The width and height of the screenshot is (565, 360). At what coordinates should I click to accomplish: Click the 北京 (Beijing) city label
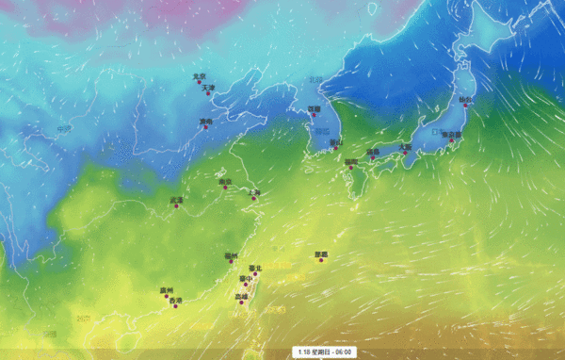tap(198, 76)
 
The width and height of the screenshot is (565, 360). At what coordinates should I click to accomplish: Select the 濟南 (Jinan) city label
tap(205, 122)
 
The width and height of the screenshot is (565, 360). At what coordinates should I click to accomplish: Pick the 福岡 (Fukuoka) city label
tap(350, 161)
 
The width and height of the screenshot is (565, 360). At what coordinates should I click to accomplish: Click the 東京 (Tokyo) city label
tap(453, 135)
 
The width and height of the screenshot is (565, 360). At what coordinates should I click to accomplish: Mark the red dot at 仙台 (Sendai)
tap(465, 105)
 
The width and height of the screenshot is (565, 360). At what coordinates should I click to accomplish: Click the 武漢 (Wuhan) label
tap(176, 200)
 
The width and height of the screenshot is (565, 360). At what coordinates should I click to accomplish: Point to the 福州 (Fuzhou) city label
tap(231, 256)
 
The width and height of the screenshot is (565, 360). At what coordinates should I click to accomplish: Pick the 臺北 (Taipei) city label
tap(254, 269)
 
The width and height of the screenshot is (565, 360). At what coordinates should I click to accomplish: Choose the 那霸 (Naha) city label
tap(321, 254)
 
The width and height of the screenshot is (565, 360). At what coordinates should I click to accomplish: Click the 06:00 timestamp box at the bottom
tap(326, 352)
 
